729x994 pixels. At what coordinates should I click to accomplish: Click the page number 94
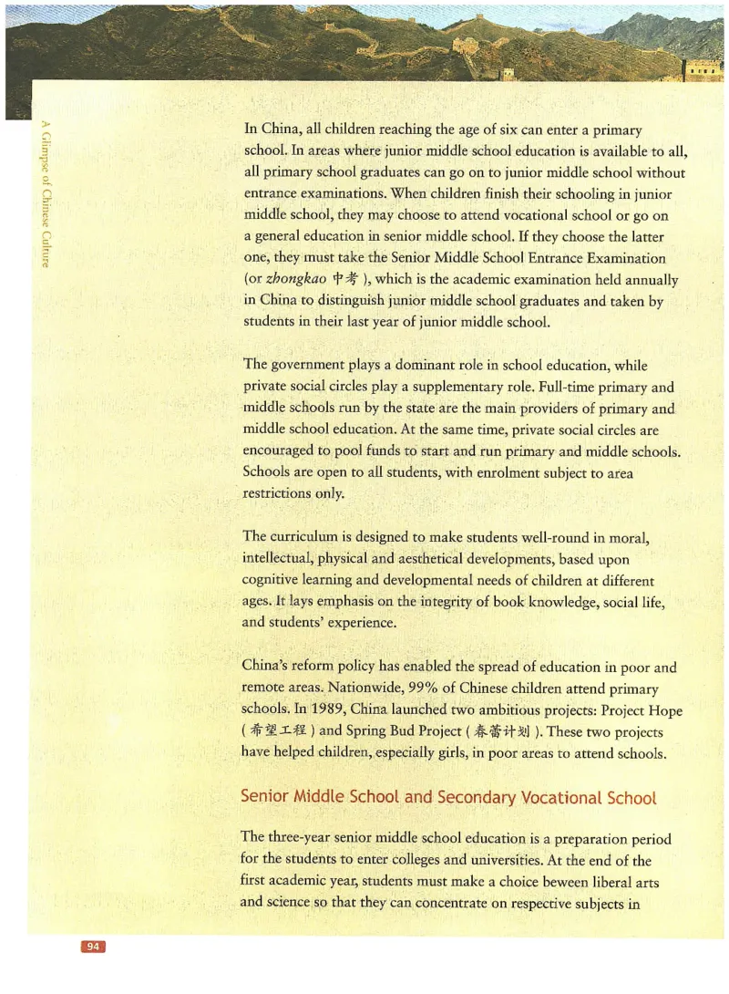coord(93,947)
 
